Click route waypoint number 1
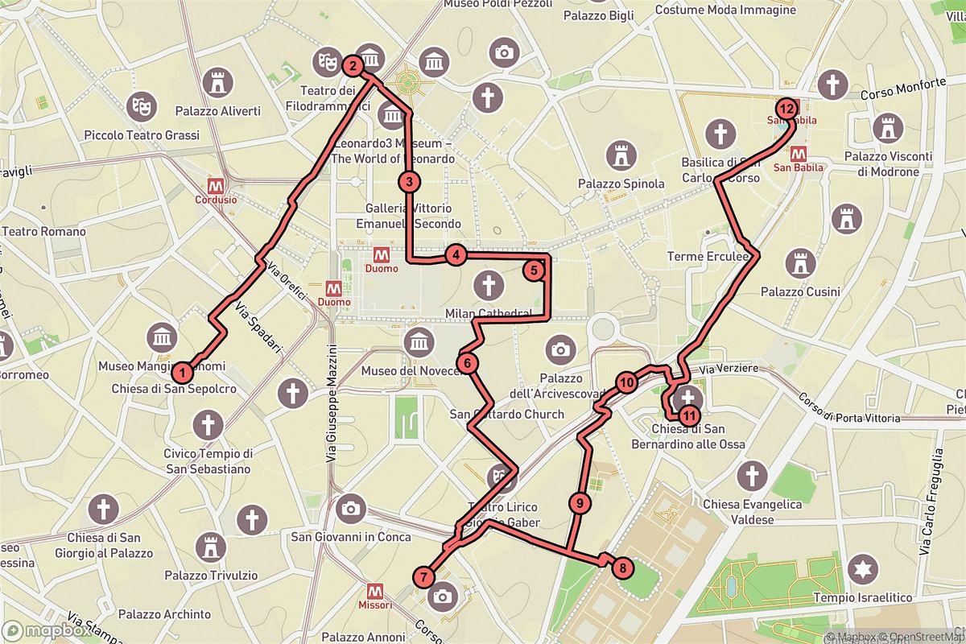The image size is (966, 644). tap(184, 372)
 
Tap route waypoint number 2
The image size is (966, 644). tap(352, 65)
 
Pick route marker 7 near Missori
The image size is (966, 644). tap(423, 576)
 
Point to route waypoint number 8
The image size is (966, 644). tap(621, 568)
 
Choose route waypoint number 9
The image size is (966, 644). tap(579, 504)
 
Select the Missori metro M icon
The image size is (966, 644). tap(374, 591)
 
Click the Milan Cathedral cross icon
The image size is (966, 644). tap(486, 285)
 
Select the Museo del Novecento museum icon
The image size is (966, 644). tap(418, 342)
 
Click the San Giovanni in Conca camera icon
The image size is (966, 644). tap(350, 508)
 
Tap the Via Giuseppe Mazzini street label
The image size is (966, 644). tap(331, 402)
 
